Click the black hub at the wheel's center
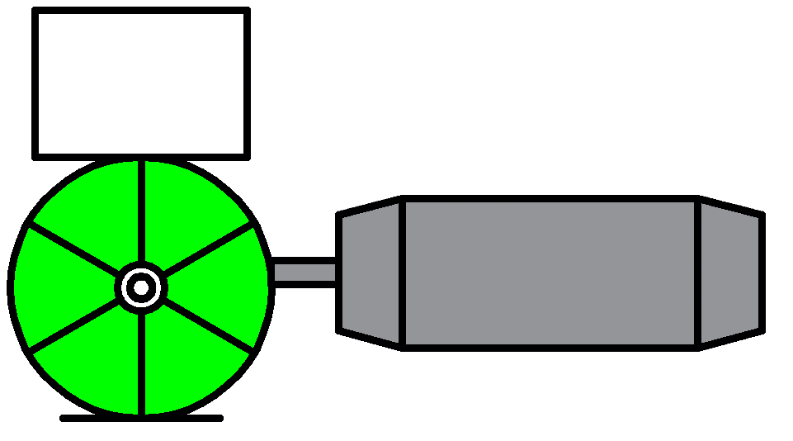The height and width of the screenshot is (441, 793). (141, 287)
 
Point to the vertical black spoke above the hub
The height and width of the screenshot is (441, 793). (142, 211)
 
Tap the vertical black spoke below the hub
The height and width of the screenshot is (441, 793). (142, 363)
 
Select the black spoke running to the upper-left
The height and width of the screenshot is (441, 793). (74, 249)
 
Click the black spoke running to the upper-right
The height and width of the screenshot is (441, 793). (208, 248)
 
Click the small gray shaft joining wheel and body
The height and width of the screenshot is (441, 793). (304, 273)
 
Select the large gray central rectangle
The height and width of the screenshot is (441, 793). (550, 273)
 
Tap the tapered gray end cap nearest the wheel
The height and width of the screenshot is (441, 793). (371, 273)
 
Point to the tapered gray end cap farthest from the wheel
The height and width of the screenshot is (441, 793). (729, 273)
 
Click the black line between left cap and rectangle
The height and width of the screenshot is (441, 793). (402, 273)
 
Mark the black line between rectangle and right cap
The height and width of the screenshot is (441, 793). (698, 273)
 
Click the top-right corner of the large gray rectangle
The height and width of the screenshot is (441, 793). (692, 204)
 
